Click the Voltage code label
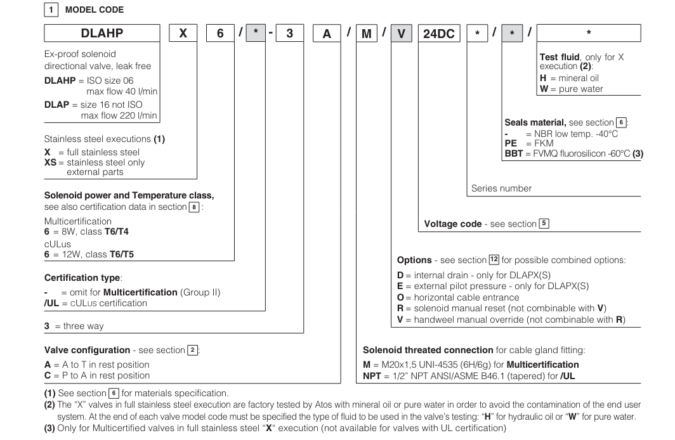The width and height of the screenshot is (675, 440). point(454,224)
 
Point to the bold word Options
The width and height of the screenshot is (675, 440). point(414,261)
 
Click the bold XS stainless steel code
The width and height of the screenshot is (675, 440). point(51,162)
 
